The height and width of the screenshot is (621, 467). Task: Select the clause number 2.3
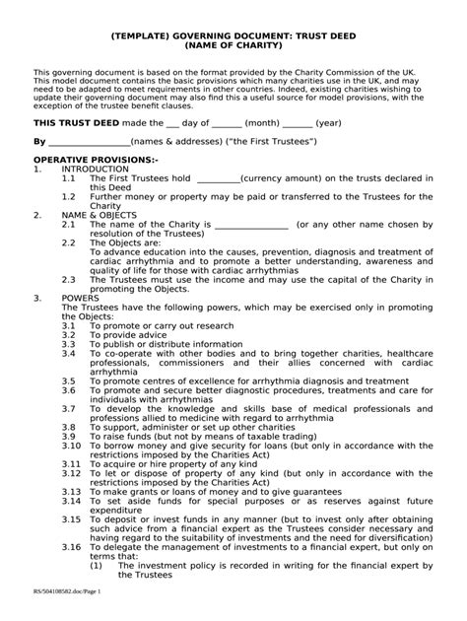tap(68, 279)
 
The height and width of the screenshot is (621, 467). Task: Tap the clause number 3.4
tap(68, 352)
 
